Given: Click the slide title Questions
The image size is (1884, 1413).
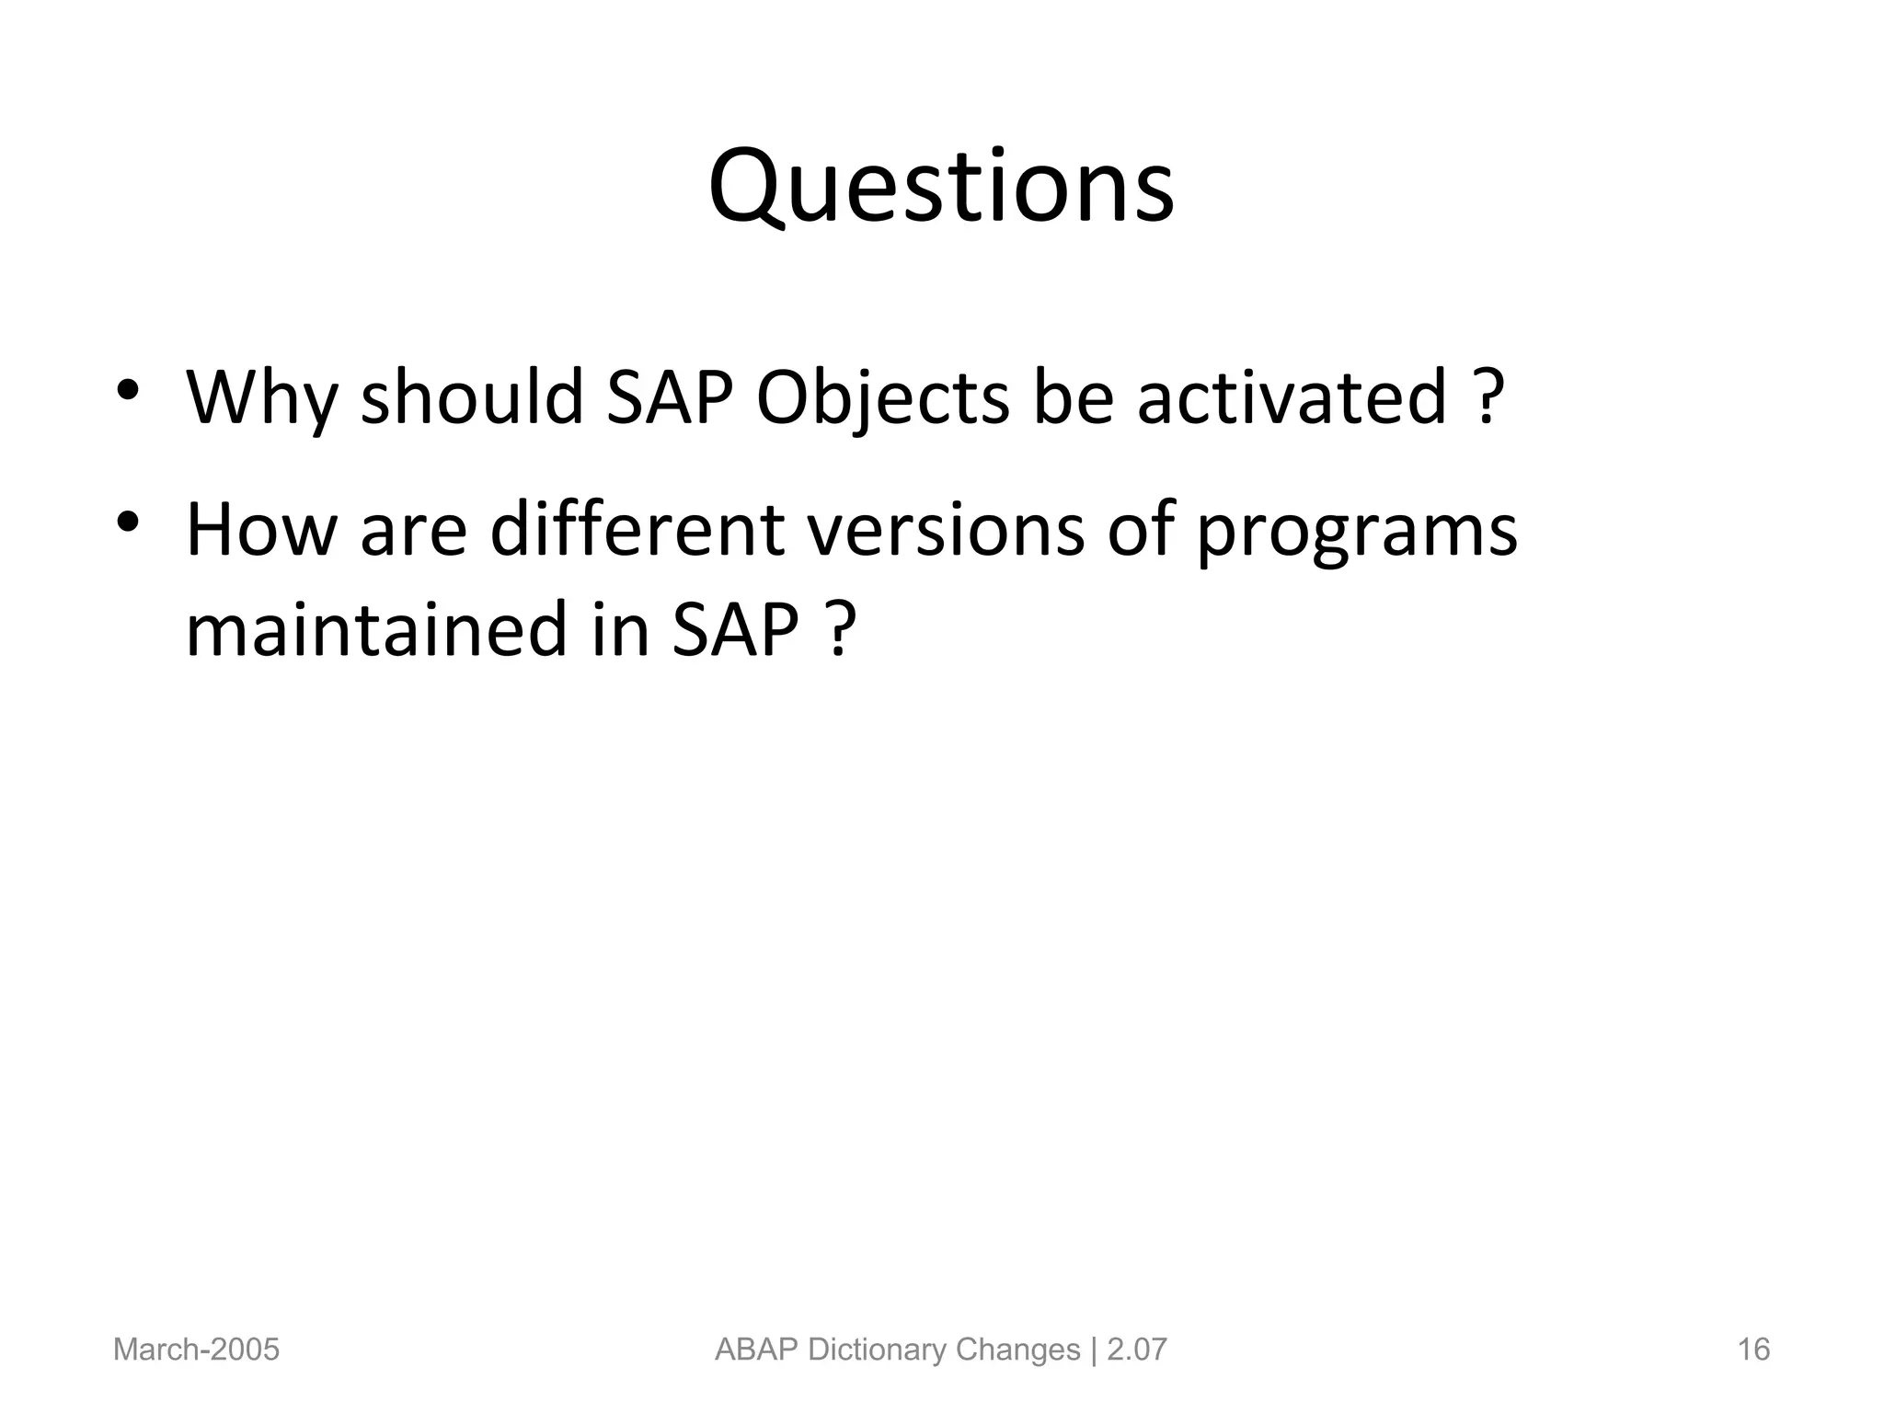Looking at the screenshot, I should pyautogui.click(x=941, y=189).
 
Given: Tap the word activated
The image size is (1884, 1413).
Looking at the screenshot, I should pyautogui.click(x=1292, y=397).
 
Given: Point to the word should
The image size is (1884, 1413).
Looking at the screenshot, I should pyautogui.click(x=472, y=397).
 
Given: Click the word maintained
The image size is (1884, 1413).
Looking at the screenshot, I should pyautogui.click(x=375, y=630).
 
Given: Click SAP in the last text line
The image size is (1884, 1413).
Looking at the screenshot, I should pyautogui.click(x=736, y=630).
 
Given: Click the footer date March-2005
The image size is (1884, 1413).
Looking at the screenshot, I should pyautogui.click(x=196, y=1350).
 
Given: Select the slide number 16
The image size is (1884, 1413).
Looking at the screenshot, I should pyautogui.click(x=1753, y=1350).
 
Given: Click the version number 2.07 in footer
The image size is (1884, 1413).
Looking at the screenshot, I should pyautogui.click(x=1137, y=1350).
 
